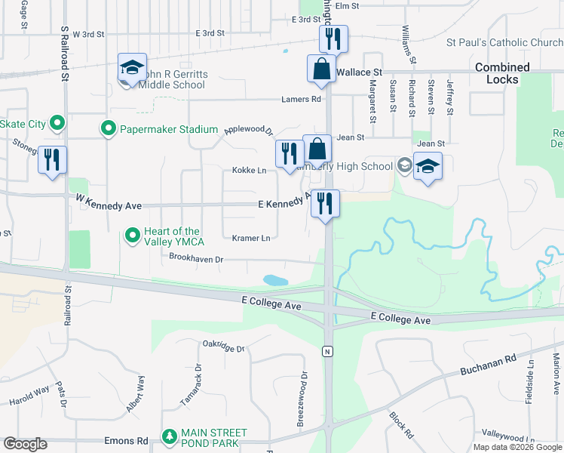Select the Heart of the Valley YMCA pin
133,236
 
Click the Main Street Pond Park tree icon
170,437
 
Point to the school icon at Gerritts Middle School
131,68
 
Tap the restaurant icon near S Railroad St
52,159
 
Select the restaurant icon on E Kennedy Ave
325,202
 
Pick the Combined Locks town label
502,73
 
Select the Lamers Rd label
301,99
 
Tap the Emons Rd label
132,441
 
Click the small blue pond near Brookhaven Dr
275,280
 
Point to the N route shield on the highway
327,351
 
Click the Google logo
25,444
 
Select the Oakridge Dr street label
224,348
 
